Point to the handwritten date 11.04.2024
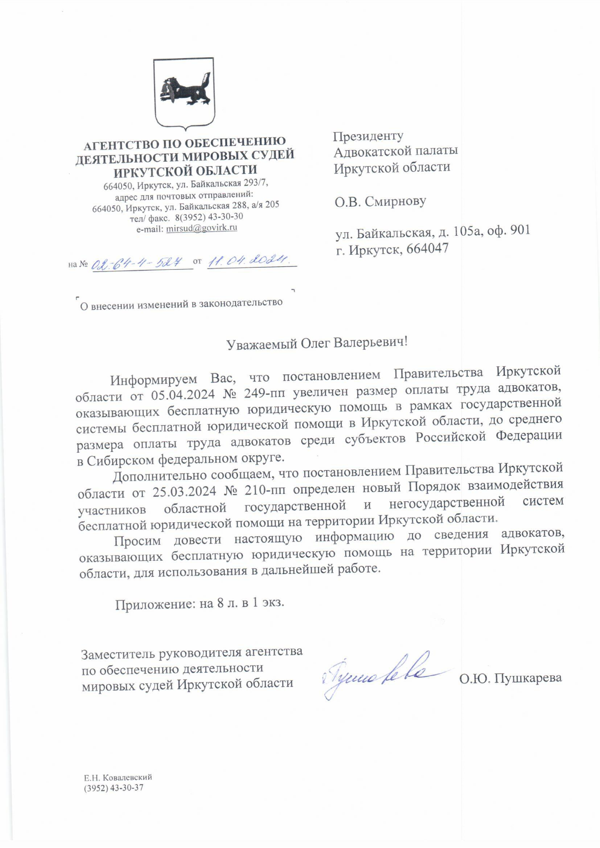[x=249, y=261]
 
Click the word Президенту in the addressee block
[x=368, y=137]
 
